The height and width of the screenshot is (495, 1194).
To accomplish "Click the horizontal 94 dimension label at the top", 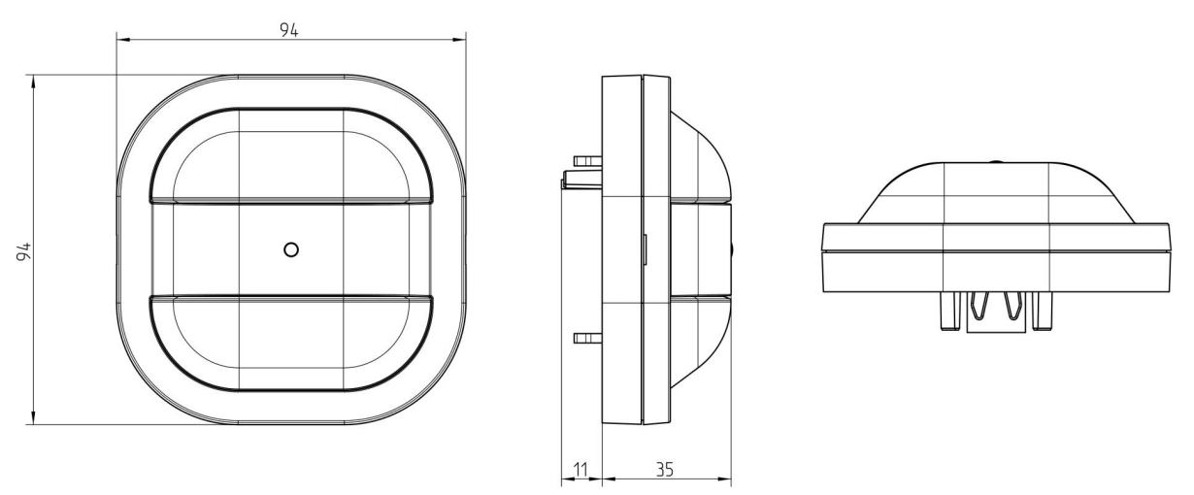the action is [x=289, y=30].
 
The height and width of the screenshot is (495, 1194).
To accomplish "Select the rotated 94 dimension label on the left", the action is [x=24, y=251].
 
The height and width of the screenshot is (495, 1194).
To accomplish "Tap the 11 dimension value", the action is [x=580, y=470].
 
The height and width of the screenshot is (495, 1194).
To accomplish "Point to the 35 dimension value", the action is [x=665, y=470].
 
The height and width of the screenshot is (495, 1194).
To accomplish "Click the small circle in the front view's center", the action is [x=291, y=249].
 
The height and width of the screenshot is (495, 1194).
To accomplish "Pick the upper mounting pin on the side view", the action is [x=587, y=160].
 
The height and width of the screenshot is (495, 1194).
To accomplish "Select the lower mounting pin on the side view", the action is [x=587, y=338].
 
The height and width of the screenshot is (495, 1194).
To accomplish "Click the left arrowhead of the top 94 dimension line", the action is [x=123, y=40].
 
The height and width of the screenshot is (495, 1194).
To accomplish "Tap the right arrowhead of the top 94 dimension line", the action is [x=459, y=40].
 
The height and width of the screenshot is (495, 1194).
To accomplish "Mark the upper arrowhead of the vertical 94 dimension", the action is [x=34, y=82].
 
